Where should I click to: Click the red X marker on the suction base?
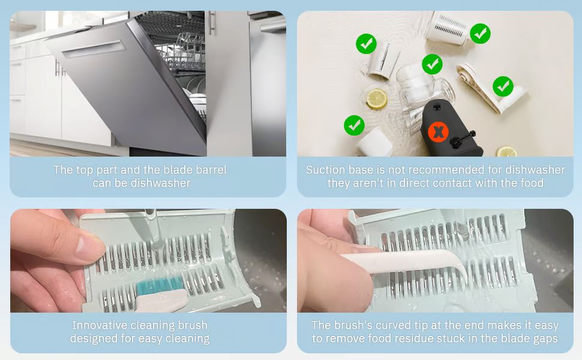click(x=439, y=132)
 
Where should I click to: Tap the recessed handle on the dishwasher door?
click(x=94, y=49)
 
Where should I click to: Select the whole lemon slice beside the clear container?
click(x=377, y=99)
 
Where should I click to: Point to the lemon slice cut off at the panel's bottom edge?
click(x=507, y=151)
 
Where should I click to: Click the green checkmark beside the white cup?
click(x=354, y=125)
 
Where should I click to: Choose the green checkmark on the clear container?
click(x=432, y=64)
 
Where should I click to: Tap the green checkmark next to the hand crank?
click(x=503, y=86)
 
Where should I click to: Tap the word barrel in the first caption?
click(x=211, y=170)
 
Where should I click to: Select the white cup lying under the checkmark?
click(x=374, y=142)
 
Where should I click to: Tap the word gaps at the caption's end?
click(x=546, y=339)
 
